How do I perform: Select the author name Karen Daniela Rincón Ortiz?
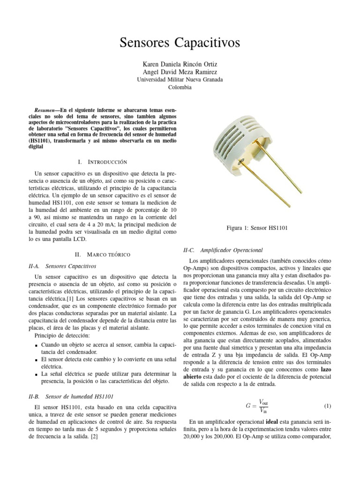pyautogui.click(x=180, y=63)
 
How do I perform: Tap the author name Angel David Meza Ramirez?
pyautogui.click(x=180, y=72)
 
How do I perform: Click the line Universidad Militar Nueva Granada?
pyautogui.click(x=180, y=80)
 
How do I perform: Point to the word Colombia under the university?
pyautogui.click(x=180, y=88)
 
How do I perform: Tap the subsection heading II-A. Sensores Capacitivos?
pyautogui.click(x=63, y=266)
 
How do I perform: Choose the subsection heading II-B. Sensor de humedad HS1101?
pyautogui.click(x=71, y=396)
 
